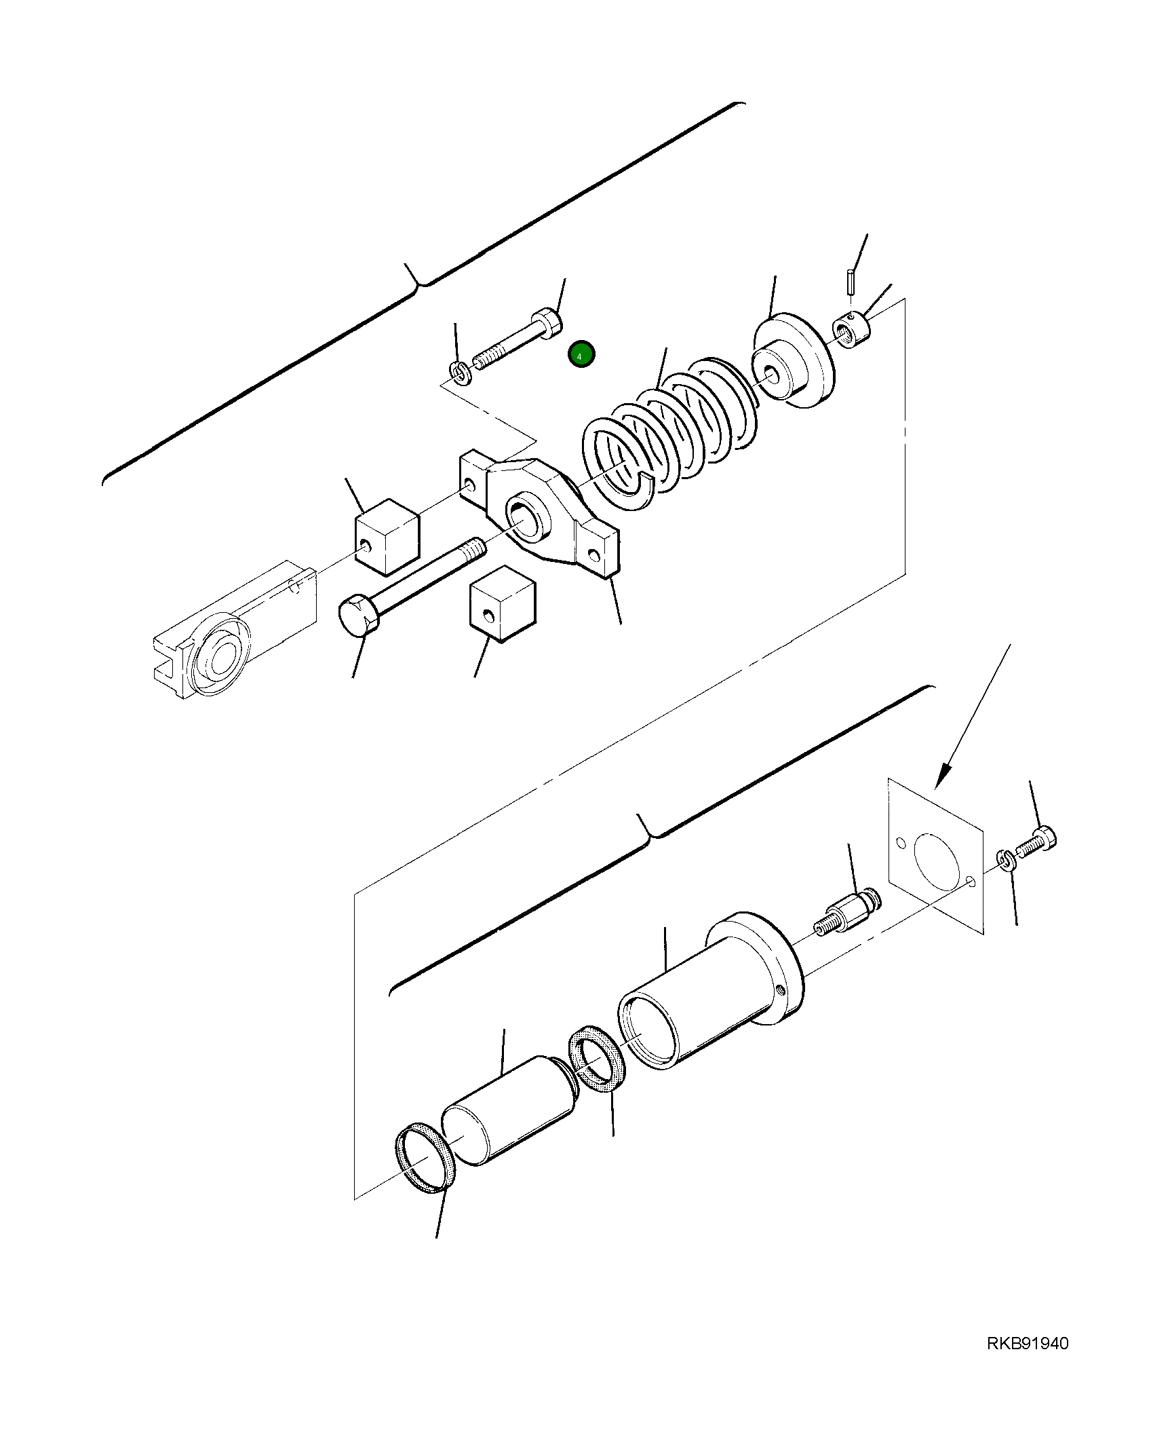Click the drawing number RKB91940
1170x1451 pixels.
[x=1028, y=1362]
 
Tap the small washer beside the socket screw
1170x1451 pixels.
[x=460, y=373]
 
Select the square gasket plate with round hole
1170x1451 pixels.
[x=935, y=857]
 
